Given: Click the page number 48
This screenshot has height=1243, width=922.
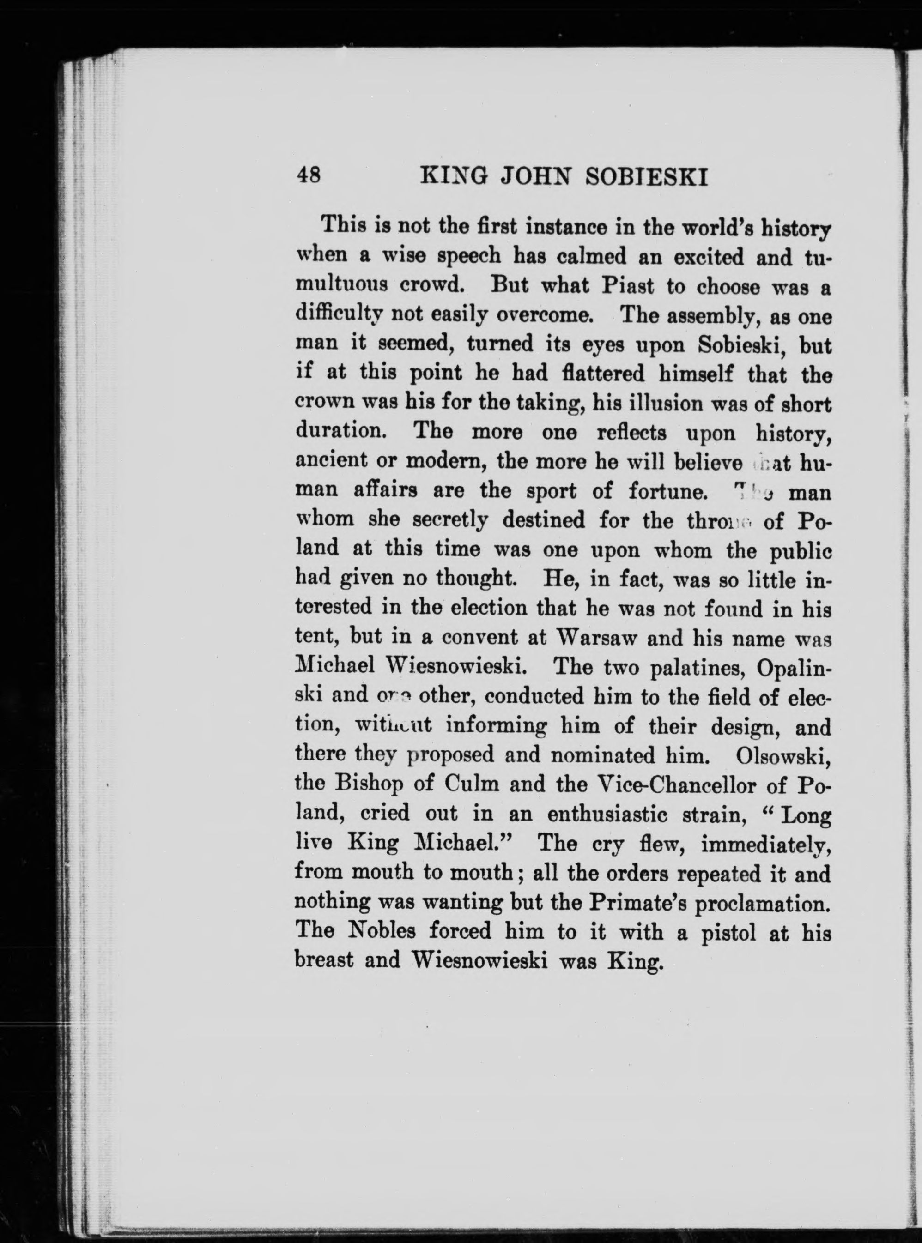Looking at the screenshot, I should point(309,176).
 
